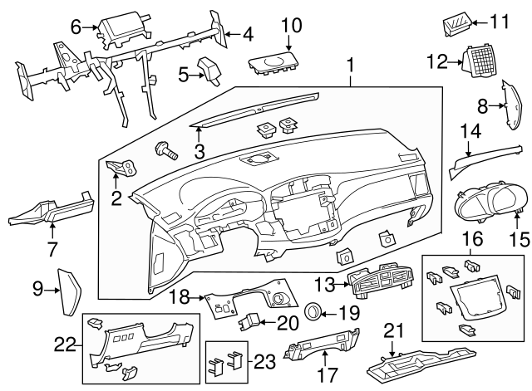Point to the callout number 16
(x=471, y=239)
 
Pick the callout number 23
(x=264, y=361)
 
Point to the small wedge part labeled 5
(x=209, y=71)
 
